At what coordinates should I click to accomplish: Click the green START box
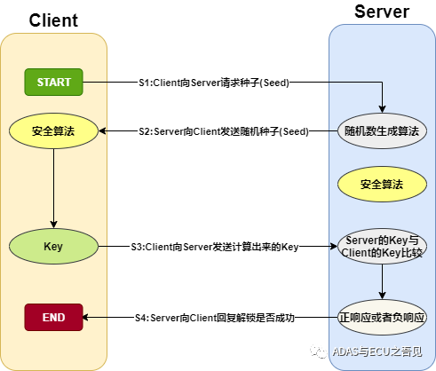pos(53,82)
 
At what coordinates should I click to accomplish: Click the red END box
pos(53,316)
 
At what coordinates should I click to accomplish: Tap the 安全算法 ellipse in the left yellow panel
pos(53,131)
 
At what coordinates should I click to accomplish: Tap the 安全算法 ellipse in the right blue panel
pos(382,185)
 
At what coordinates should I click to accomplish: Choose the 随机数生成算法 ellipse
pos(382,131)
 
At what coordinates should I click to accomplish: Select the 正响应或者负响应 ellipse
pos(382,316)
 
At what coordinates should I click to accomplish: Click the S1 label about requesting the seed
pos(214,82)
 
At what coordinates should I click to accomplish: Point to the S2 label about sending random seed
pos(223,131)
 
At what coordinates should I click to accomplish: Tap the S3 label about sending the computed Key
pos(214,245)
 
